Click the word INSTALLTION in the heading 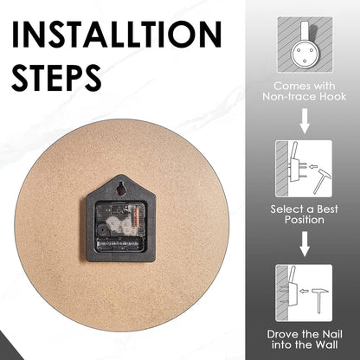pos(116,34)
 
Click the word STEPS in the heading pos(56,78)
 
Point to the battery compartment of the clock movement pos(119,245)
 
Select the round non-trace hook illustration pos(305,52)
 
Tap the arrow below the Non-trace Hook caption pos(305,121)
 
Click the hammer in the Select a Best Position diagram pos(322,181)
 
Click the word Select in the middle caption pos(286,209)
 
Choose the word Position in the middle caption pos(305,220)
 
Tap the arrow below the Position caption pos(305,244)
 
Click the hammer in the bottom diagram pos(319,301)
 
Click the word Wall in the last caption pos(326,344)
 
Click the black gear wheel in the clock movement pos(100,231)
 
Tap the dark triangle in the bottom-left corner pos(9,348)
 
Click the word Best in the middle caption pos(327,209)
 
